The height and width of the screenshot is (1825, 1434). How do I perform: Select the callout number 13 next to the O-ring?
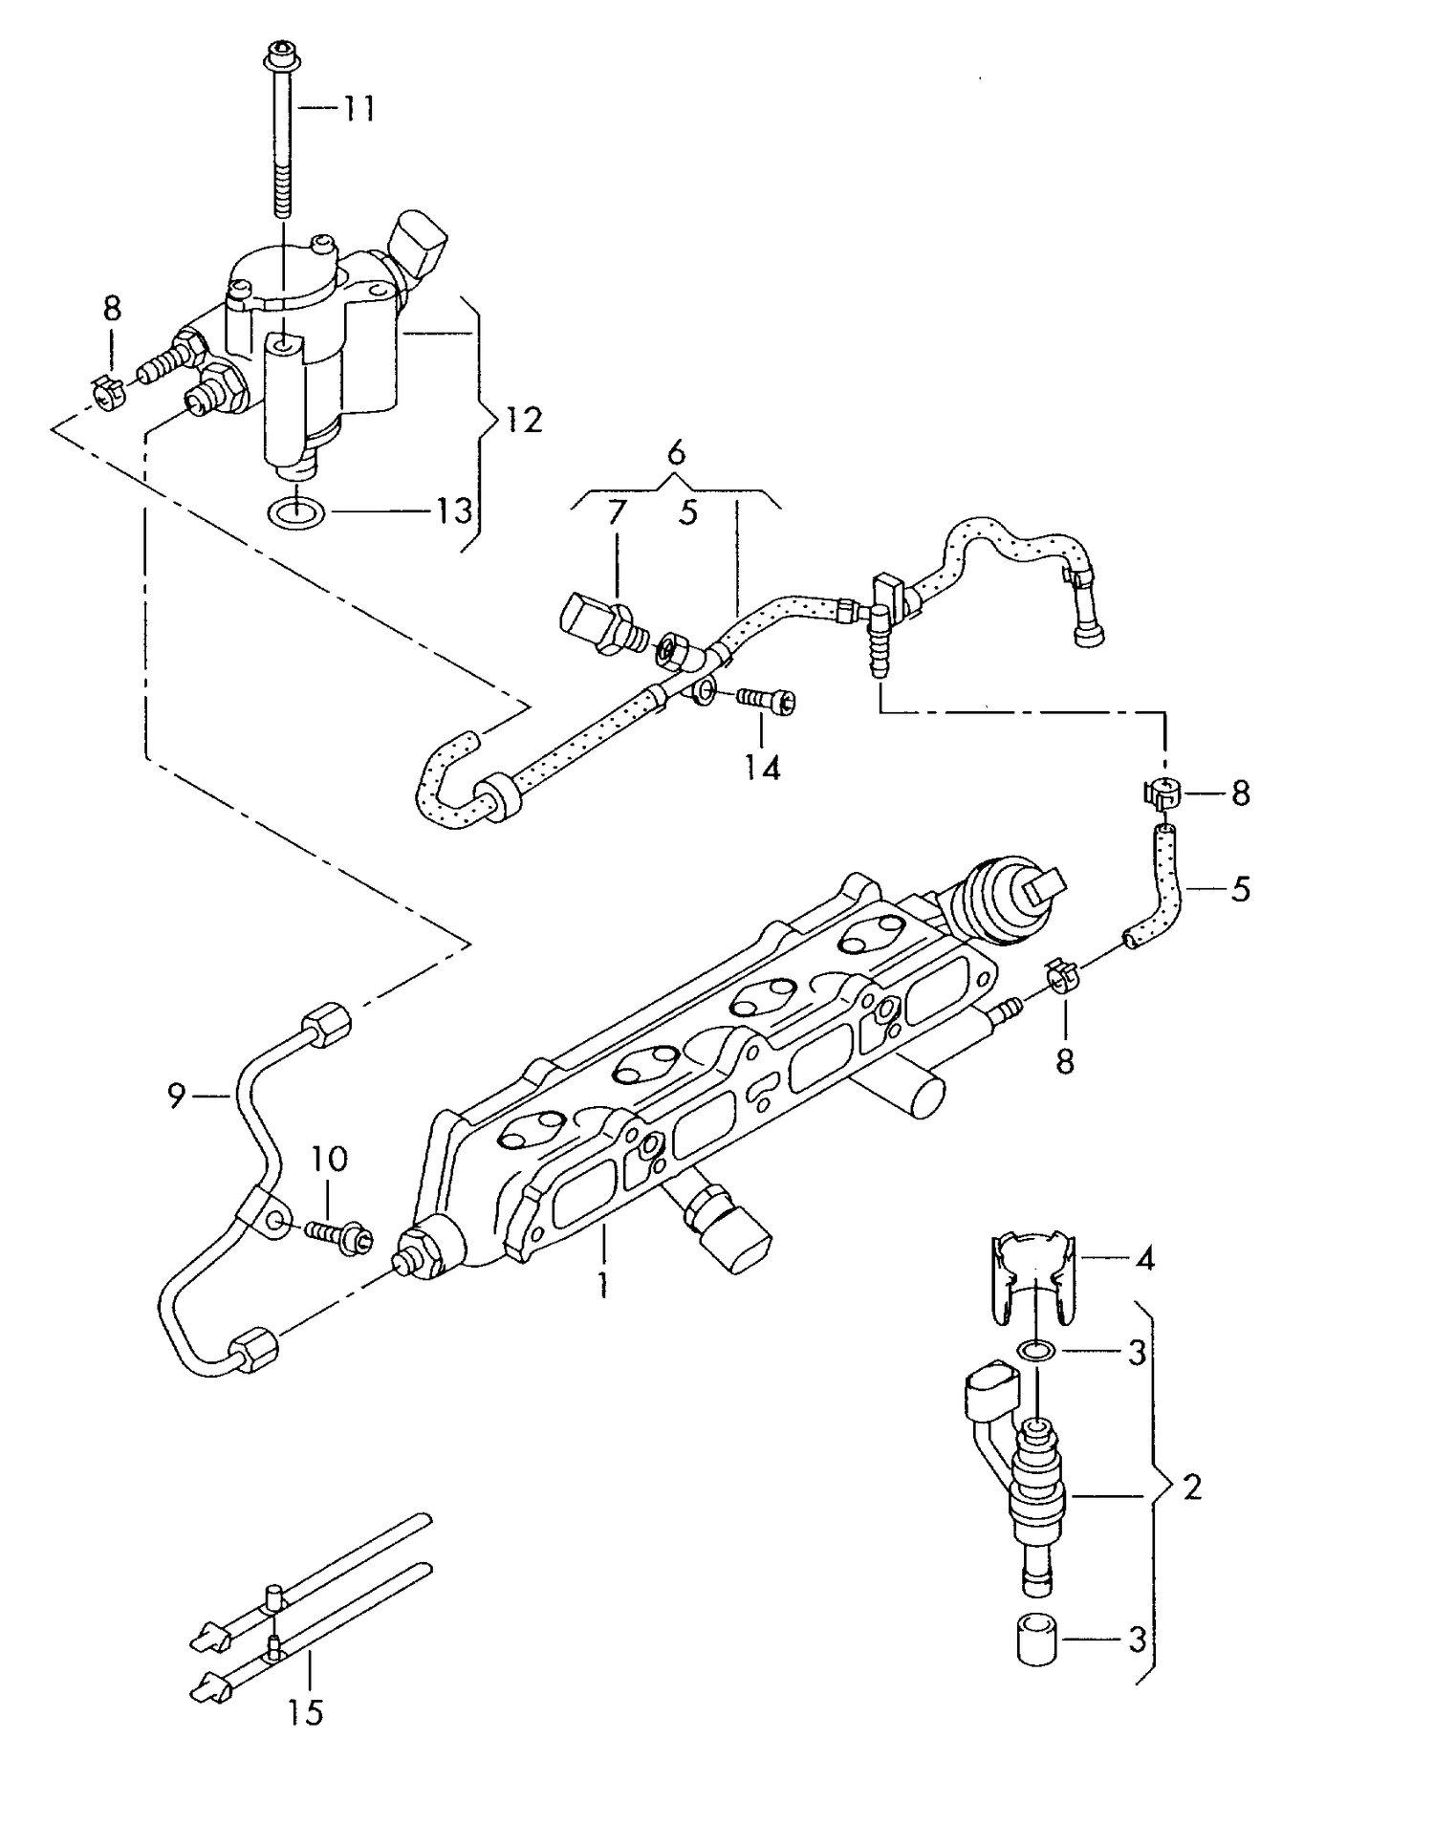click(x=455, y=511)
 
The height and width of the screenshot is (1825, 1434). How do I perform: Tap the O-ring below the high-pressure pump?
click(x=298, y=513)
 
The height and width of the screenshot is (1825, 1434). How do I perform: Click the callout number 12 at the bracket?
click(x=523, y=420)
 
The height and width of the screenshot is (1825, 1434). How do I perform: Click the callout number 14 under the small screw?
click(x=763, y=767)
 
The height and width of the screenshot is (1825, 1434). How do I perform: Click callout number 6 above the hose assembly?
click(x=676, y=451)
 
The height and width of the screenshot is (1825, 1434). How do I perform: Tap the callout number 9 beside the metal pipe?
click(x=176, y=1096)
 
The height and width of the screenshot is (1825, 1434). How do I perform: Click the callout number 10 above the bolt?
click(x=328, y=1159)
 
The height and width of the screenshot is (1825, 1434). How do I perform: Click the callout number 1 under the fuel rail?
click(x=602, y=1285)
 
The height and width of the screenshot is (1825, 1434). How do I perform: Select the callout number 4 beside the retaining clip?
click(x=1144, y=1259)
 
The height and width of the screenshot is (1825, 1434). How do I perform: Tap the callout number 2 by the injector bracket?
click(x=1191, y=1488)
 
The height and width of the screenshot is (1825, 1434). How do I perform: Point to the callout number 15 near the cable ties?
click(x=306, y=1712)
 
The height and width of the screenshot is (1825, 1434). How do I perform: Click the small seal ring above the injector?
click(x=1034, y=1351)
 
